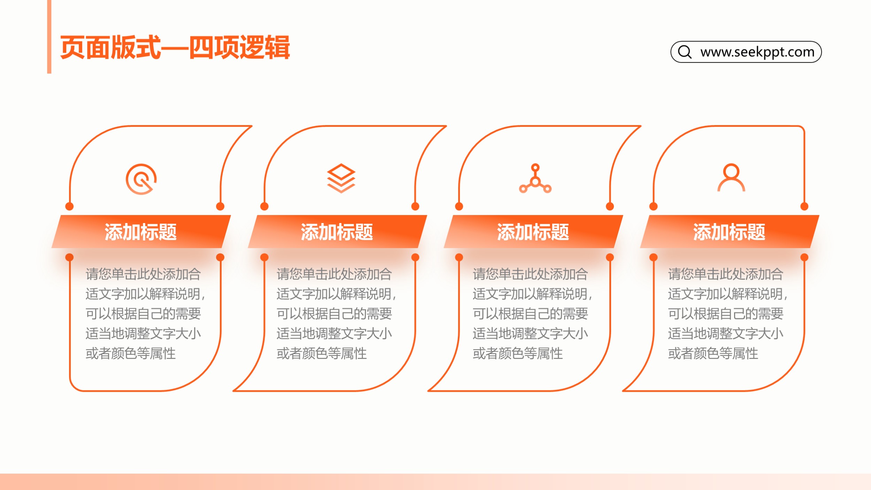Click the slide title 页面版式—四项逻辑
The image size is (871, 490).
[175, 47]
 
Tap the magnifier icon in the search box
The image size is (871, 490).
[685, 52]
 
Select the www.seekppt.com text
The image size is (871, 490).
[757, 52]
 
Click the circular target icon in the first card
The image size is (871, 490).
[141, 179]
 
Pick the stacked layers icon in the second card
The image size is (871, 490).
[341, 178]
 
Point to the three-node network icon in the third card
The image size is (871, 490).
[535, 178]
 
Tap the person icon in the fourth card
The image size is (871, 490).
[731, 177]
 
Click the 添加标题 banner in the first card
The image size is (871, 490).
[141, 232]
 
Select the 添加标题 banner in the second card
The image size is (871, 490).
[337, 232]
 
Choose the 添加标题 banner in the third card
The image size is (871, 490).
[533, 232]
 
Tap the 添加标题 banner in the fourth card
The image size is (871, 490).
[729, 232]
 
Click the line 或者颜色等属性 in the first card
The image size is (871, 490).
[131, 353]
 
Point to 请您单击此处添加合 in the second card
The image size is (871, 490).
[334, 274]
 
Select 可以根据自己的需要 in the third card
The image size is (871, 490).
[530, 314]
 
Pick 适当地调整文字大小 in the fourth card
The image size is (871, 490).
[726, 334]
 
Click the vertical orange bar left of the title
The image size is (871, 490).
[49, 37]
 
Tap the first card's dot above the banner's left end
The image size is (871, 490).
[69, 206]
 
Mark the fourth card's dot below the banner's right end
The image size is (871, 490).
[804, 257]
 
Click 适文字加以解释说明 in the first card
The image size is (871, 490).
[143, 294]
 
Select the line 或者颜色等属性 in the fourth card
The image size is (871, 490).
[713, 353]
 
